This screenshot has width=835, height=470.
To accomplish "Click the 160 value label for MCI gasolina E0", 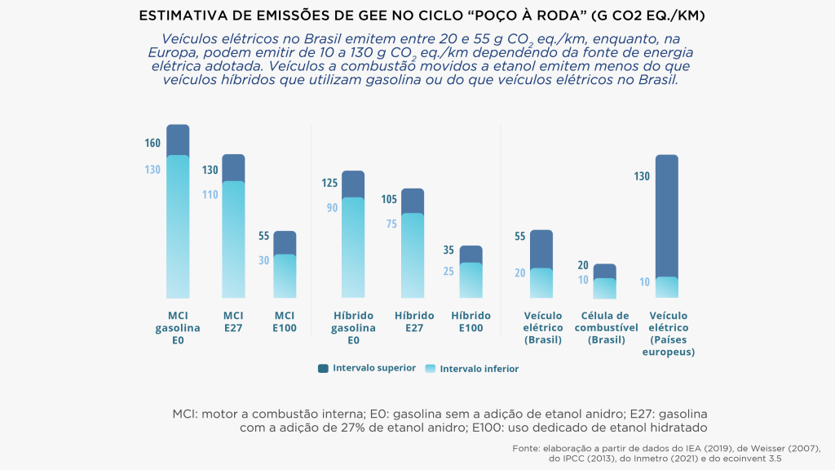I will [x=152, y=144].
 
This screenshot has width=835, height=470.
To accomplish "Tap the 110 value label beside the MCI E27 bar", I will [x=210, y=195].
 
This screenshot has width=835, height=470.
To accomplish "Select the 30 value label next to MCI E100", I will [x=264, y=260].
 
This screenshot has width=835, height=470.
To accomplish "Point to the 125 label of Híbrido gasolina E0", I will [x=330, y=183].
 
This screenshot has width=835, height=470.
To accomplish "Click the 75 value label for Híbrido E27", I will [x=391, y=224].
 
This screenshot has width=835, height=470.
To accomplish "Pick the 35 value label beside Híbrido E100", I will [x=448, y=250].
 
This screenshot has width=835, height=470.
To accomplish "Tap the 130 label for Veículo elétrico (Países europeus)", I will [x=642, y=176].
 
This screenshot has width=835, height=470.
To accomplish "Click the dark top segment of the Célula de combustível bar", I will [x=604, y=271].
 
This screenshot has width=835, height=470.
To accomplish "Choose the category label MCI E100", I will [x=285, y=321].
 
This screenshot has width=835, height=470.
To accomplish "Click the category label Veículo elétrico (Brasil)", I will [x=542, y=327].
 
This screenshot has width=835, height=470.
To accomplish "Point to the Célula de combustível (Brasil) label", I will [x=604, y=327].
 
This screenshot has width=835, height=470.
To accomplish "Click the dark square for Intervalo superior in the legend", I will [x=323, y=369].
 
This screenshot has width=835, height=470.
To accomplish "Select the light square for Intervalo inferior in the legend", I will [x=431, y=369].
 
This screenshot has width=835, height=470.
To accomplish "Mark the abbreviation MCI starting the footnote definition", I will [x=186, y=413].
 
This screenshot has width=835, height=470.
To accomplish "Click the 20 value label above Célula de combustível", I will [x=583, y=265].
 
